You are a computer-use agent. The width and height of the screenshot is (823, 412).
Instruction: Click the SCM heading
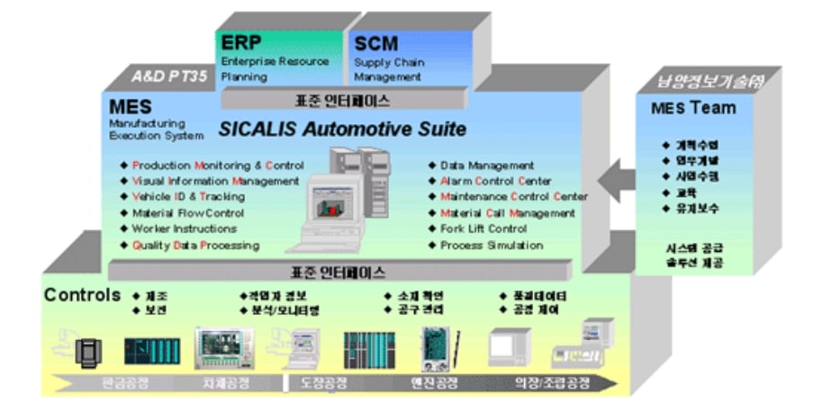pos(376,43)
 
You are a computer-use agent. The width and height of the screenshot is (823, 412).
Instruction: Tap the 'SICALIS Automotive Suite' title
pos(342,130)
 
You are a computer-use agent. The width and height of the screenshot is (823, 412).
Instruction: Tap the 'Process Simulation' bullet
pos(491,246)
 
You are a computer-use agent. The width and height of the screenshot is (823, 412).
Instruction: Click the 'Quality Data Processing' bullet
pos(195,245)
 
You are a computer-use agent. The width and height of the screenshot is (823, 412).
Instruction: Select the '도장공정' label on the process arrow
pos(319,382)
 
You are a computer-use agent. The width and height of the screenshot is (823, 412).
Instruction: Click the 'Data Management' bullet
pos(486,166)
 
